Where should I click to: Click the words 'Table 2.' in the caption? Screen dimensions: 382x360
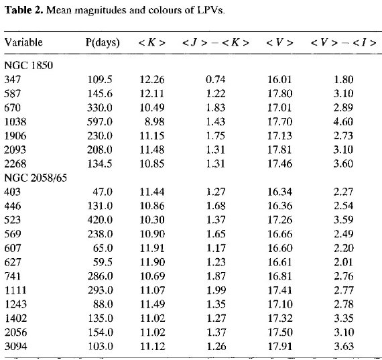[x=24, y=10]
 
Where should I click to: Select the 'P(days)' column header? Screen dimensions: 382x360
[x=103, y=43]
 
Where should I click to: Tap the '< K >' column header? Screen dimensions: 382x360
[x=151, y=43]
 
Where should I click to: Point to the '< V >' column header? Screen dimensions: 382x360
[x=279, y=43]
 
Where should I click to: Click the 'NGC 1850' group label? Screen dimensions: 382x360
[x=29, y=65]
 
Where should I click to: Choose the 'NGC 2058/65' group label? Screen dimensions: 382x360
[x=36, y=178]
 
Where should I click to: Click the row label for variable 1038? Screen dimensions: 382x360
[x=15, y=121]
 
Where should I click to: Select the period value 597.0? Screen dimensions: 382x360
[x=100, y=121]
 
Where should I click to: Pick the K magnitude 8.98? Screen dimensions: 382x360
[x=154, y=121]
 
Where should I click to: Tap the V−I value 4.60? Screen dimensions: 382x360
[x=343, y=121]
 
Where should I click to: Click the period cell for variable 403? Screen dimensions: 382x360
[x=103, y=192]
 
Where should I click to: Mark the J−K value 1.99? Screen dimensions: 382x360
[x=216, y=290]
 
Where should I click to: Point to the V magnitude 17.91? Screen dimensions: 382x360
[x=279, y=346]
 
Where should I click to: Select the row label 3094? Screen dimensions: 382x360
[x=15, y=346]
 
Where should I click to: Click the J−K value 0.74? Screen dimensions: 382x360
[x=216, y=80]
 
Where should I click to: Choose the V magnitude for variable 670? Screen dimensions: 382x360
[x=279, y=107]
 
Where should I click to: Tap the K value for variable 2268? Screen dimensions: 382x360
[x=152, y=164]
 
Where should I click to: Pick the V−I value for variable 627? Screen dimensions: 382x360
[x=343, y=262]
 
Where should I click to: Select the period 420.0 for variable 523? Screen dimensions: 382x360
[x=100, y=220]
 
